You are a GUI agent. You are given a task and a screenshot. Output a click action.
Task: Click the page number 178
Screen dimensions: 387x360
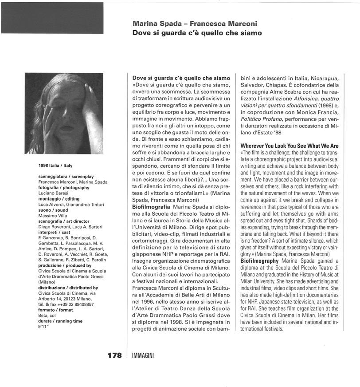[x=114, y=355]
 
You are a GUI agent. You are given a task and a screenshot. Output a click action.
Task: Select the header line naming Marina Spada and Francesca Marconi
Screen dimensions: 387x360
[x=195, y=24]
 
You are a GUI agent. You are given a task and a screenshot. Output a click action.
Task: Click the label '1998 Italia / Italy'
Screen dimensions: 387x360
[x=55, y=166]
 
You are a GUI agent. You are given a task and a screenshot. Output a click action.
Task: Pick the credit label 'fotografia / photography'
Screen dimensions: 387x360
[x=64, y=188]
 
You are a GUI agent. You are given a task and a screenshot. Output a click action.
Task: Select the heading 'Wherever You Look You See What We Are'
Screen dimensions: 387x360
[x=289, y=146]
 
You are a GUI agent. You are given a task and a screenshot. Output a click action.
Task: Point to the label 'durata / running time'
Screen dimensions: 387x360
[x=61, y=321]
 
